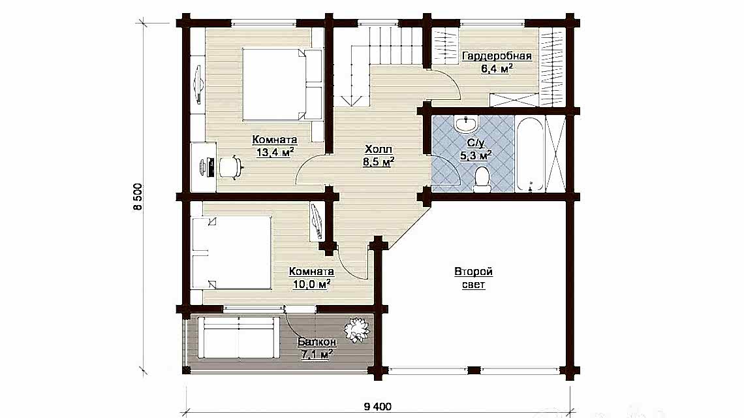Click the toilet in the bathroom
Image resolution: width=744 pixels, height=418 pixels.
point(482,180)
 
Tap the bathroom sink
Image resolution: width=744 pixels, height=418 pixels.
point(467,125)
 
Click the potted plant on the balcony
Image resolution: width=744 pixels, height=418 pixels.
point(357,329)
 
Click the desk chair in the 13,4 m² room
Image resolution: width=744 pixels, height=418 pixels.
point(231,167)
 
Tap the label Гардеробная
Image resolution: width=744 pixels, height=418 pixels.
point(497,56)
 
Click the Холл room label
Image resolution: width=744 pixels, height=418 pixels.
point(379,150)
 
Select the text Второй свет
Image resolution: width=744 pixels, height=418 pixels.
point(474,278)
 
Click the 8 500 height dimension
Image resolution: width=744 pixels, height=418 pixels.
point(138,197)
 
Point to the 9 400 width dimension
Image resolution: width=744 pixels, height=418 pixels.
point(378,407)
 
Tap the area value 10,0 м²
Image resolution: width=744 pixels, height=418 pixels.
point(311,285)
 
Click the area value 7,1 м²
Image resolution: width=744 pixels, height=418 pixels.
point(316,355)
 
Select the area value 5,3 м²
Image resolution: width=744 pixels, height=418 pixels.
point(475,155)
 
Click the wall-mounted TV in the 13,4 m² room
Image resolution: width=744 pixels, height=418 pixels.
point(198,84)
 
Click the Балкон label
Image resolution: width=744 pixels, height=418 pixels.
point(317,342)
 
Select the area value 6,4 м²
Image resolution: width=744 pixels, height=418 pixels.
point(497,69)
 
